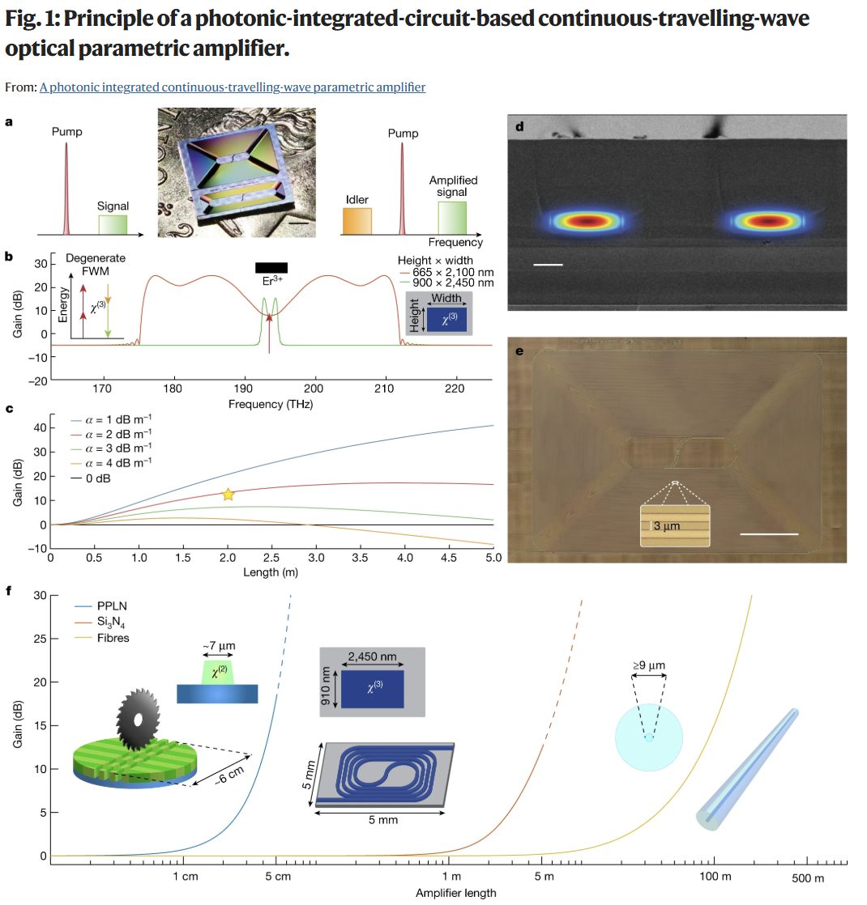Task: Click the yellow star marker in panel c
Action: coord(228,495)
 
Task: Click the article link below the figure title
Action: coord(232,87)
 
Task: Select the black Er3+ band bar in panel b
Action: coord(271,268)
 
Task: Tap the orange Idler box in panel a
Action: coord(357,221)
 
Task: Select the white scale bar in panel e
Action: coord(769,533)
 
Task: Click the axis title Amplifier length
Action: coord(455,894)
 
